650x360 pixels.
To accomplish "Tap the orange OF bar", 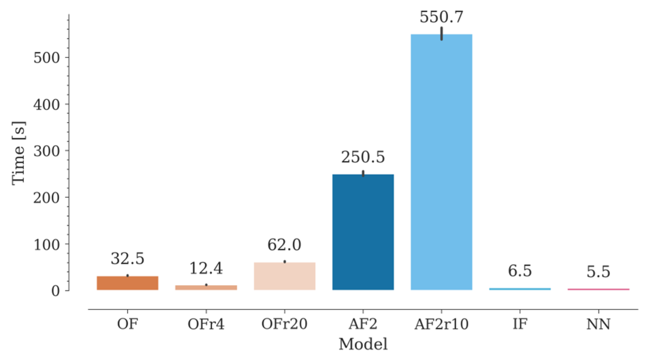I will click(x=127, y=283).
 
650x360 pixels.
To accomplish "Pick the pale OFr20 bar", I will click(x=284, y=276).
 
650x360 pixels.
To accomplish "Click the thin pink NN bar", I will click(x=598, y=289).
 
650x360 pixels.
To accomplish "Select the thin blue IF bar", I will click(x=520, y=289).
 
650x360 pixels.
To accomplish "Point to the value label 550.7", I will click(x=441, y=17).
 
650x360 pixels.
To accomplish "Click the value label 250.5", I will click(x=363, y=157).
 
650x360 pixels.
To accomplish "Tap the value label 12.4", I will click(x=206, y=269).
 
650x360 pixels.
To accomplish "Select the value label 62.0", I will click(x=284, y=245).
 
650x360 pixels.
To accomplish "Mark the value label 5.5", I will click(x=598, y=272).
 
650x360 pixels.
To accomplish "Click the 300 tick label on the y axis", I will click(x=47, y=151).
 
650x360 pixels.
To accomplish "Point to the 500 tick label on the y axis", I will click(x=47, y=57).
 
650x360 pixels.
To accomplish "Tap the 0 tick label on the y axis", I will click(x=55, y=291).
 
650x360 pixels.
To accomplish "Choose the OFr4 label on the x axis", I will click(x=206, y=325).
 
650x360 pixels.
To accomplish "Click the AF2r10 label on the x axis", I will click(x=441, y=325).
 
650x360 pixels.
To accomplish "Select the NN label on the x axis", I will click(x=598, y=325).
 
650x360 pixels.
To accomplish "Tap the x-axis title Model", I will click(x=363, y=344).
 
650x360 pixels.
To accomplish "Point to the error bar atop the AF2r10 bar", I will click(x=441, y=33).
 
